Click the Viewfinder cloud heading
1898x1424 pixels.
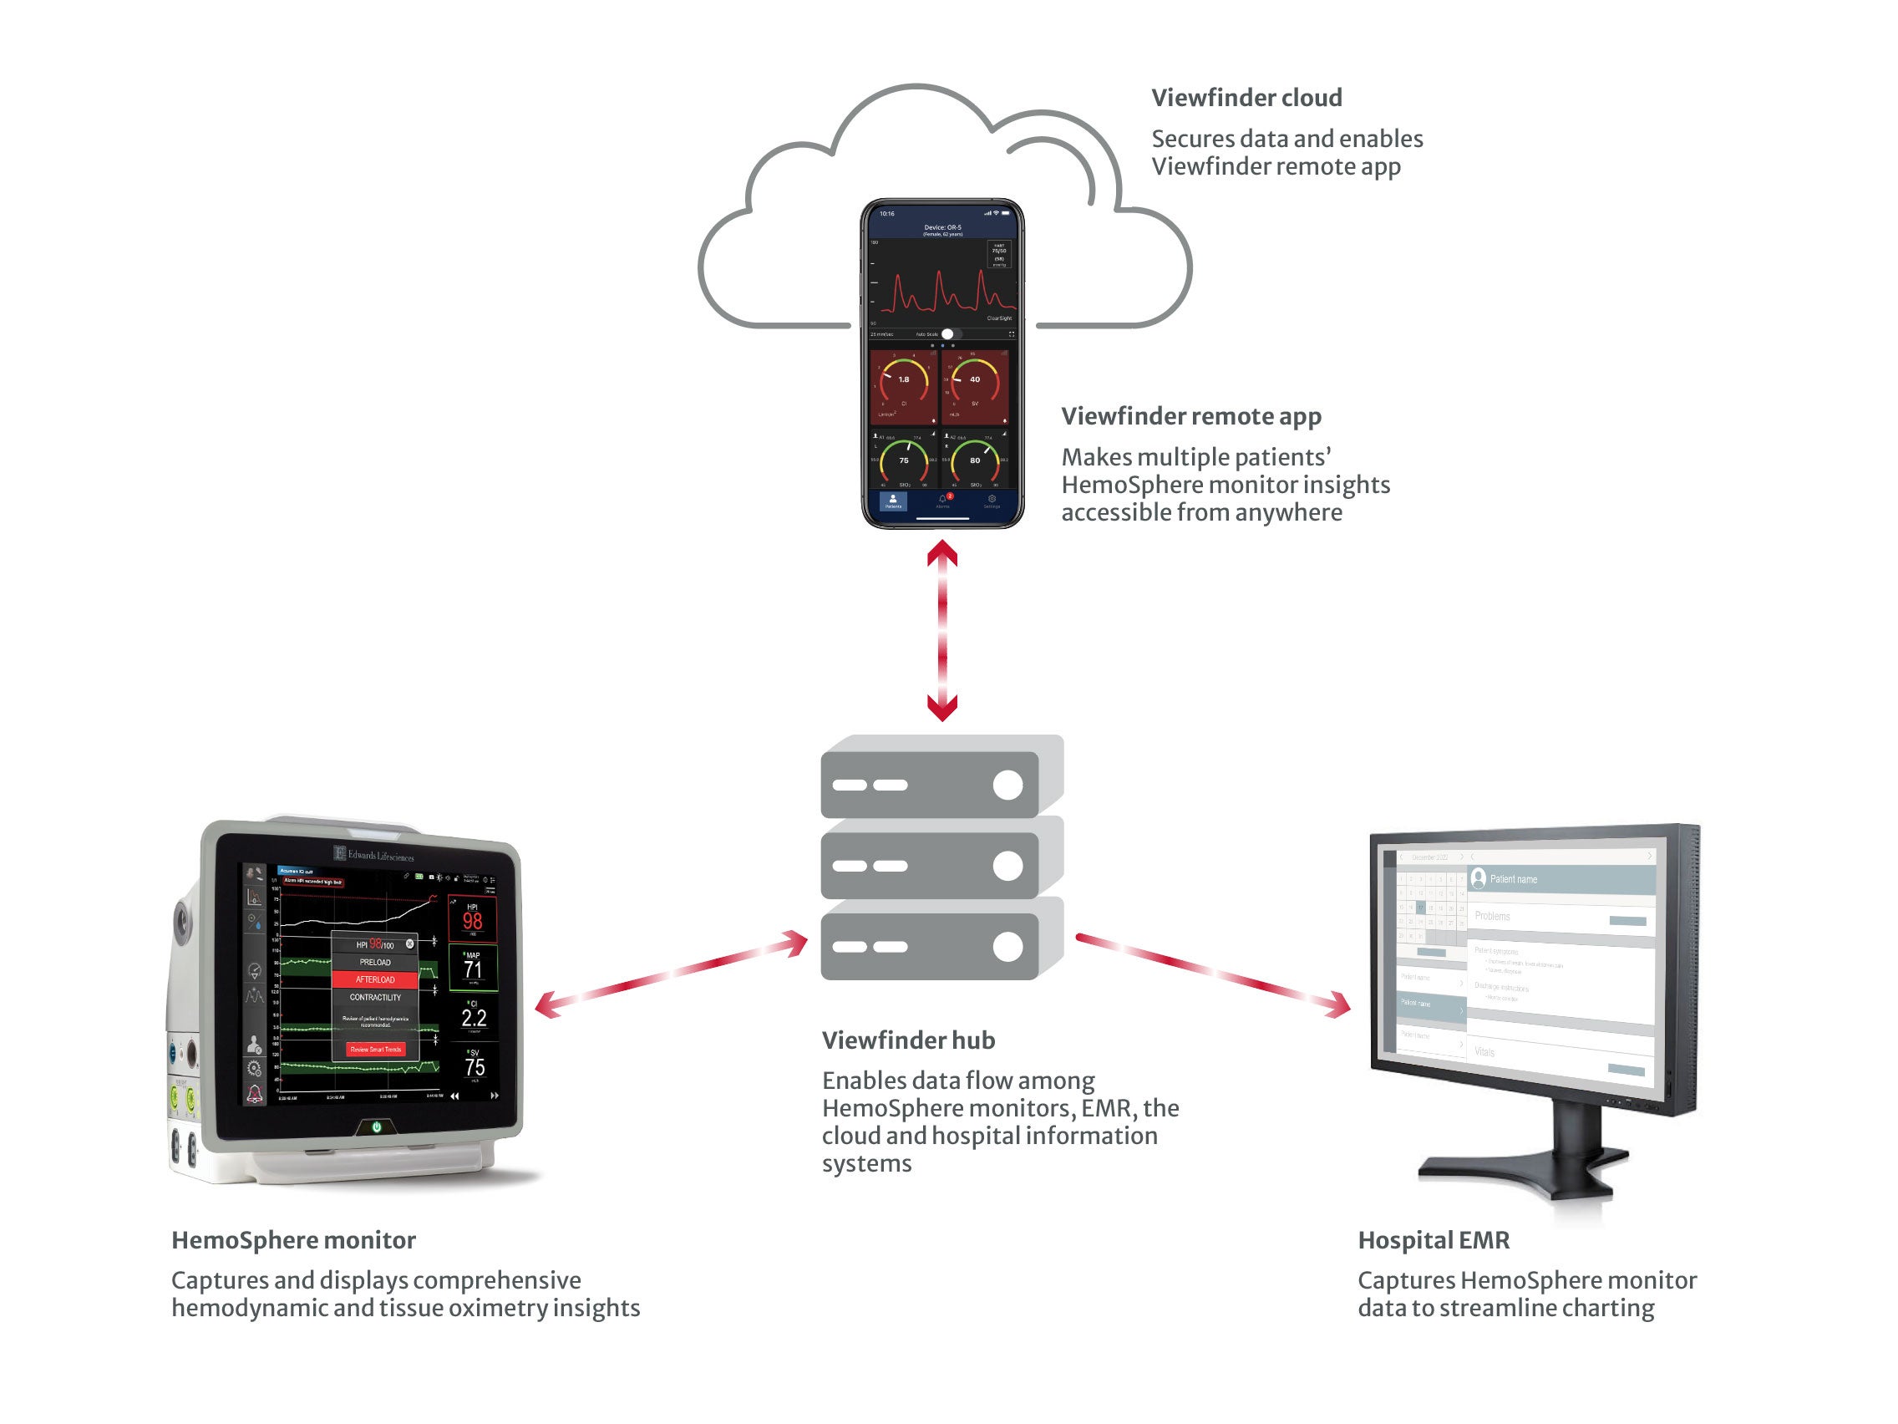tap(1246, 98)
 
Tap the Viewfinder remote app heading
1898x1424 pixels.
tap(1190, 416)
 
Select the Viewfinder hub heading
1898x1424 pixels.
tap(908, 1040)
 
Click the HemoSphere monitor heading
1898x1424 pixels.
tap(293, 1240)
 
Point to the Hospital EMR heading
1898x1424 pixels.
tap(1433, 1240)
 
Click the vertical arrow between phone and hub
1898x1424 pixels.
tap(942, 631)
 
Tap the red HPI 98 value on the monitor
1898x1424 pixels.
tap(473, 921)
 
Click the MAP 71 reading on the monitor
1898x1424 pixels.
tap(473, 969)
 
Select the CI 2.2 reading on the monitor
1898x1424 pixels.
tap(474, 1018)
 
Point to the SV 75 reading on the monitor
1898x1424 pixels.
tap(474, 1067)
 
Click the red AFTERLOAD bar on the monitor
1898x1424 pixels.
tap(375, 979)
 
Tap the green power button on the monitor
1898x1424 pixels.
tap(376, 1127)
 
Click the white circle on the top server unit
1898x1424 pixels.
tap(1007, 785)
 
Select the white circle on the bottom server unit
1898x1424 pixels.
tap(1007, 947)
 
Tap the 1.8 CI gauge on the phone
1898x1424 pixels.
tap(904, 384)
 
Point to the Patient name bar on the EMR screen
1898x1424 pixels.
tap(1561, 879)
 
